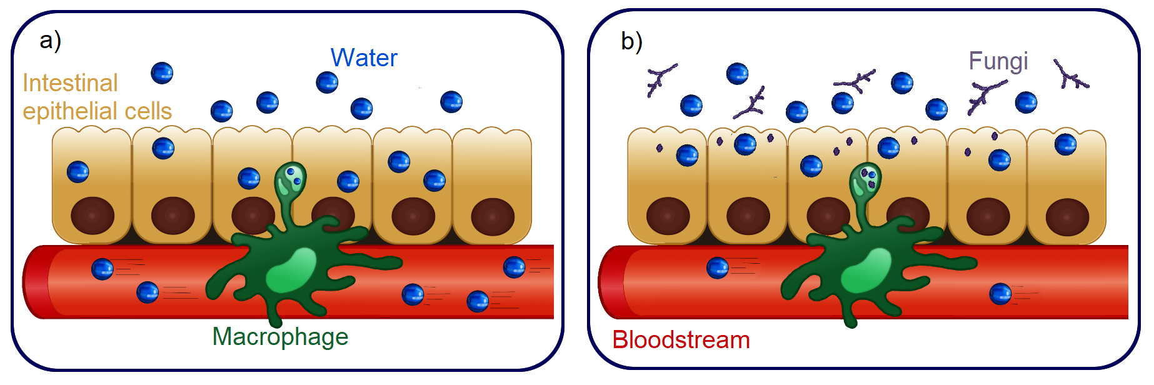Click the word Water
click(x=364, y=58)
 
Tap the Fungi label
click(x=998, y=61)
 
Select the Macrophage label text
click(x=280, y=337)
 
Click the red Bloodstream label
click(x=681, y=340)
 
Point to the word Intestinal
click(x=70, y=83)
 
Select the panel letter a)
click(x=50, y=41)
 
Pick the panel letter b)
click(x=631, y=42)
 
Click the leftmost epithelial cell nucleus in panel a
click(x=93, y=216)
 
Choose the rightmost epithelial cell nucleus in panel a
click(x=493, y=217)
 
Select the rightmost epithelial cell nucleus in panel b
click(x=1067, y=217)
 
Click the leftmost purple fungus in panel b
click(x=660, y=78)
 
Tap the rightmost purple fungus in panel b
click(x=1071, y=76)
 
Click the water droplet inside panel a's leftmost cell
click(x=78, y=172)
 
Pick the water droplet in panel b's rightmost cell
click(x=1065, y=144)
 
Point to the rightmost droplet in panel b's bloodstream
click(x=1000, y=294)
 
